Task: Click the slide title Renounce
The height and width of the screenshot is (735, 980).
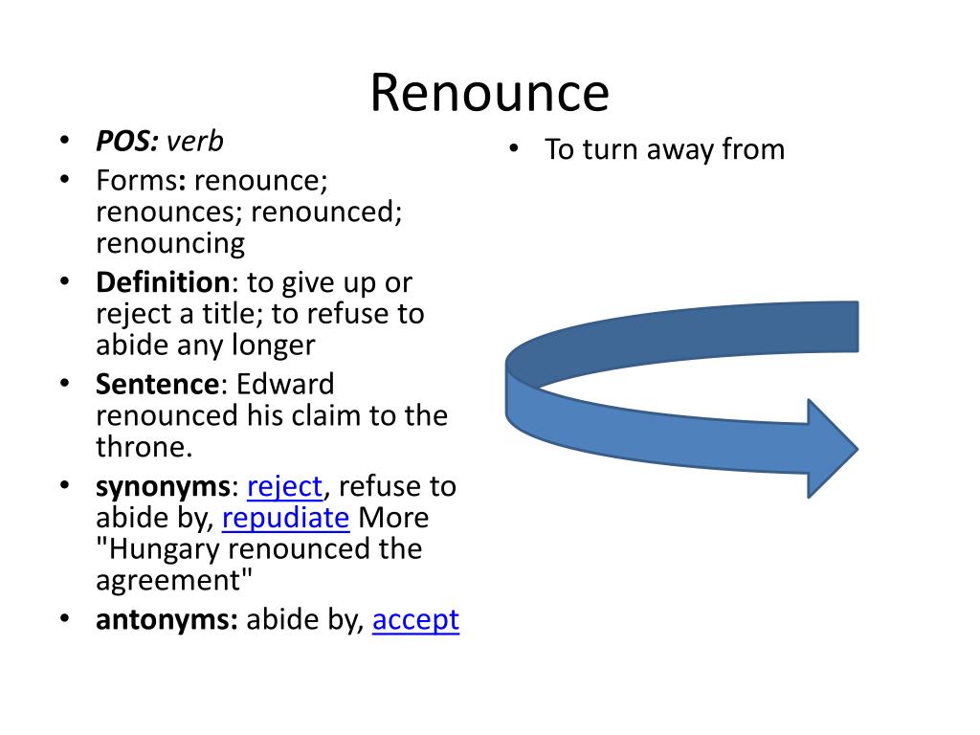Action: (x=489, y=94)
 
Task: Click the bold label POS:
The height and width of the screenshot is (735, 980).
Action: (x=127, y=143)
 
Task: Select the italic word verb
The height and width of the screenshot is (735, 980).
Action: (x=195, y=143)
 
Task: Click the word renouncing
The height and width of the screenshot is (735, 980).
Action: (x=170, y=243)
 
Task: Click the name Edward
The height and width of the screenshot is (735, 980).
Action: (x=286, y=385)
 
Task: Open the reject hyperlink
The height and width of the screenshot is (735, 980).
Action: (x=284, y=487)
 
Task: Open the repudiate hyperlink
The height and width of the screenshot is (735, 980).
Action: (x=285, y=518)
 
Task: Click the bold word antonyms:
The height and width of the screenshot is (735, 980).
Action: (x=167, y=620)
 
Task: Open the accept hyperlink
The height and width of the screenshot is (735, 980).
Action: (x=415, y=620)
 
